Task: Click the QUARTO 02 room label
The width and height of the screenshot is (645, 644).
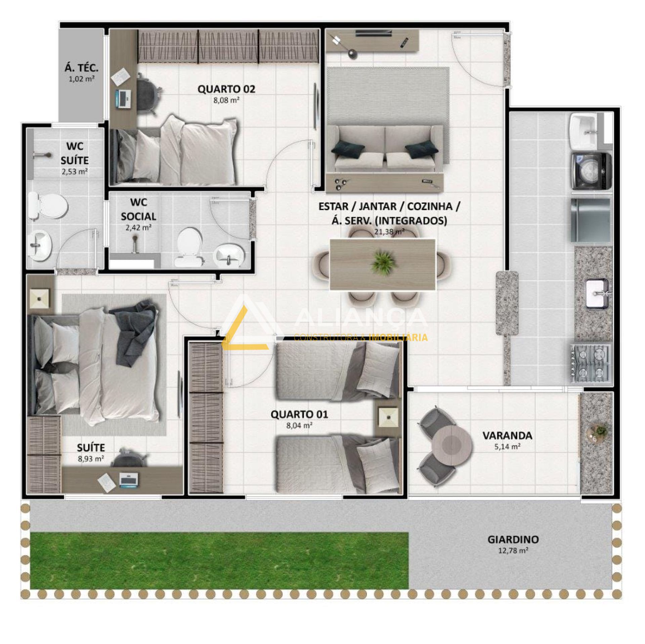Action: pyautogui.click(x=226, y=89)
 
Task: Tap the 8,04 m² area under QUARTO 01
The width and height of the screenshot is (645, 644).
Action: pyautogui.click(x=299, y=426)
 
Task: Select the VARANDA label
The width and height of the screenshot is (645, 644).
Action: pyautogui.click(x=507, y=436)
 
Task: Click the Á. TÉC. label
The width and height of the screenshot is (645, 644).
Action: pyautogui.click(x=82, y=68)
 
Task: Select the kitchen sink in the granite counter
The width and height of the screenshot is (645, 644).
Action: pyautogui.click(x=597, y=294)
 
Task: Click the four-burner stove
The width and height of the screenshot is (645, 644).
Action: pyautogui.click(x=590, y=364)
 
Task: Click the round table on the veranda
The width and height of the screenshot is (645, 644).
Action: pyautogui.click(x=452, y=446)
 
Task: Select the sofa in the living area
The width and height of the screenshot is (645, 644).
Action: pyautogui.click(x=385, y=147)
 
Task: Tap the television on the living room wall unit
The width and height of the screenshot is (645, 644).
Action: pyautogui.click(x=374, y=33)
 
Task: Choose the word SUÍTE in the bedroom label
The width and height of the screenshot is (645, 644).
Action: pyautogui.click(x=91, y=448)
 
